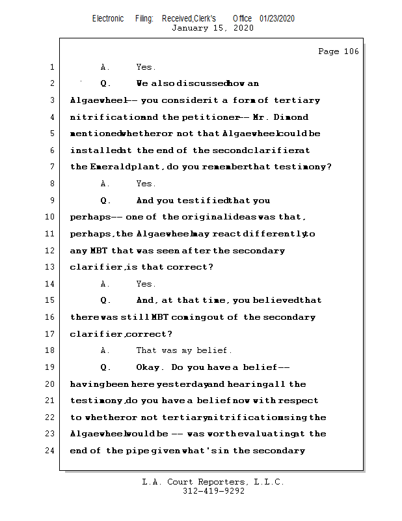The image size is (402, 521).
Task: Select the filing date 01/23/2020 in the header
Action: point(277,19)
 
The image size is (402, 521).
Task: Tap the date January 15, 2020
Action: point(213,28)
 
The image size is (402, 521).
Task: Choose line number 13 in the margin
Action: point(50,267)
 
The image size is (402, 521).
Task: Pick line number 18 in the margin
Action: point(50,350)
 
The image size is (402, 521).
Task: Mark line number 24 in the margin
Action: point(50,450)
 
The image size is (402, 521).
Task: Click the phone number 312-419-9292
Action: point(213,491)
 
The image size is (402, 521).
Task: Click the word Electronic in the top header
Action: point(108,19)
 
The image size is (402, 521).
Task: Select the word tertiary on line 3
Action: point(297,100)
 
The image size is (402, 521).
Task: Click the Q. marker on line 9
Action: point(106,201)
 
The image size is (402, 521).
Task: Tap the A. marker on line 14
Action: point(105,284)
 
